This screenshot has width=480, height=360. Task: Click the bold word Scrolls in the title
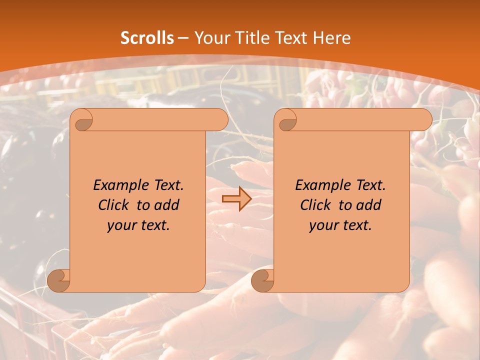147,38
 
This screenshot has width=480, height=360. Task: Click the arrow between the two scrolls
236,199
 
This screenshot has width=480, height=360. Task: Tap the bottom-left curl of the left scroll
59,280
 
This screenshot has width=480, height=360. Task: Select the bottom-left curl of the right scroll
263,280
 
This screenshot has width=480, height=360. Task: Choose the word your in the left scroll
120,226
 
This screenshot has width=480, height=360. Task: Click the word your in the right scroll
322,226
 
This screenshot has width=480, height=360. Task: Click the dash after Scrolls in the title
183,38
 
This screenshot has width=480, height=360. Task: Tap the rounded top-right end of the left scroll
220,120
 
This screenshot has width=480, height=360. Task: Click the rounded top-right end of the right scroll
424,120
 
